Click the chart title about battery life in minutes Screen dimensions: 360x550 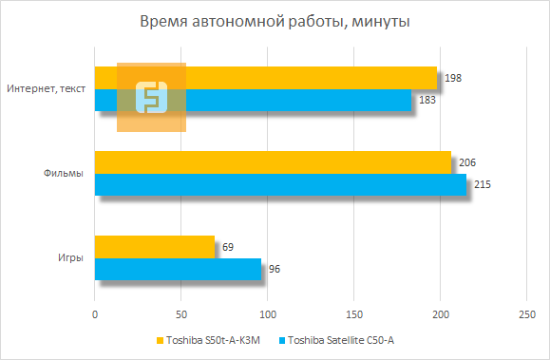coord(275,21)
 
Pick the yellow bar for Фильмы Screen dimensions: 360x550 coord(273,162)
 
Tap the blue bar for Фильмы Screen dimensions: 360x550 coord(280,184)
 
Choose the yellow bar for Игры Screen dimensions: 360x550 coord(154,247)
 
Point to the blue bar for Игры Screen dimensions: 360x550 coord(178,270)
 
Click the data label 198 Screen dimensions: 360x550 coord(452,78)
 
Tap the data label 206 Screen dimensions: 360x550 coord(466,162)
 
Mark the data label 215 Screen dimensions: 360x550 coord(482,184)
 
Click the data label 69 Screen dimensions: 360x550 coord(228,247)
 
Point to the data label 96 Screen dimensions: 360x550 coord(275,270)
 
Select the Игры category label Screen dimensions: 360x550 coord(68,258)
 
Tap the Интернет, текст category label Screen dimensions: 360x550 coord(46,88)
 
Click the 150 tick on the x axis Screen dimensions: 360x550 coord(353,314)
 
